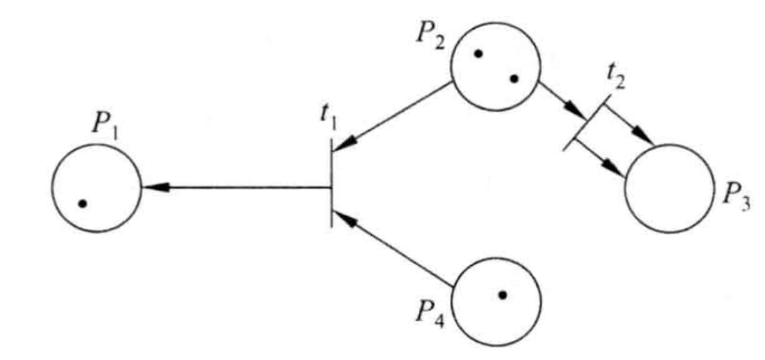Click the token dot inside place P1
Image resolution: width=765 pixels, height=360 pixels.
click(82, 203)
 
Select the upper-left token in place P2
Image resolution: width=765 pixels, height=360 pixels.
click(478, 54)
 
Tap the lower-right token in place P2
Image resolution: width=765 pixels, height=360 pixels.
click(514, 79)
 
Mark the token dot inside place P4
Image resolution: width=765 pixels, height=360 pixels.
click(502, 294)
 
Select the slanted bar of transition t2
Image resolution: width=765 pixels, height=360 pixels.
click(586, 122)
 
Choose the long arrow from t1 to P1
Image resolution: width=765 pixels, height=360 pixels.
click(237, 187)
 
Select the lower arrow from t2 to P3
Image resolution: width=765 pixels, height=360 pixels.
click(601, 156)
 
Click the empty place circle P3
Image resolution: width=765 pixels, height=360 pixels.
click(669, 188)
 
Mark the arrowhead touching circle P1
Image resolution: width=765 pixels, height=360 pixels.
click(153, 187)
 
